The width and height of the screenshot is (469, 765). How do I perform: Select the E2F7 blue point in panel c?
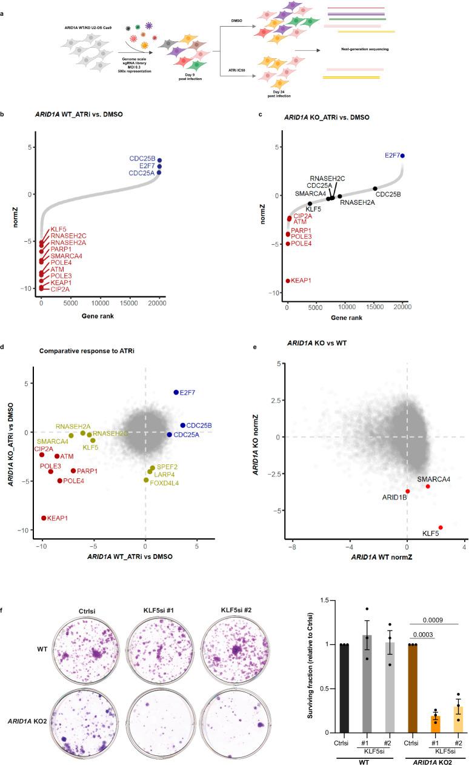[x=402, y=155]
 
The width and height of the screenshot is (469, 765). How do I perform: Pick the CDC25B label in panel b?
[x=141, y=159]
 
